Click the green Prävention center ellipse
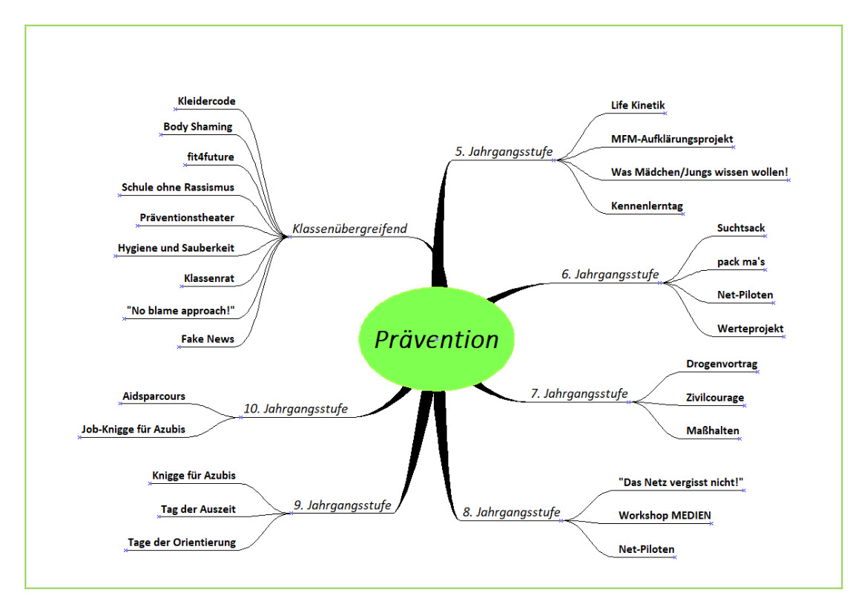437,338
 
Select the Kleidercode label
207,101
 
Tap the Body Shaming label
198,127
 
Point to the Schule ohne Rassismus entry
178,187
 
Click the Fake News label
208,338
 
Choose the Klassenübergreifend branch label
349,229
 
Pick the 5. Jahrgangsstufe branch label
504,151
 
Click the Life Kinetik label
638,105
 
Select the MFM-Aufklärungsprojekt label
672,139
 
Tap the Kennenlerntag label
647,206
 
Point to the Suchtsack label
741,228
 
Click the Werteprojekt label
751,329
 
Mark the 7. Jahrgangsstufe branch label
579,393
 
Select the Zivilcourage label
715,397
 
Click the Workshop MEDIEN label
665,515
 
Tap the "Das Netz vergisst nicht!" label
681,482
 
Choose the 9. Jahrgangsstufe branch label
342,505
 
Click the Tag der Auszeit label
198,509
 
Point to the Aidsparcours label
154,396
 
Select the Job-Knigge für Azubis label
133,429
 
